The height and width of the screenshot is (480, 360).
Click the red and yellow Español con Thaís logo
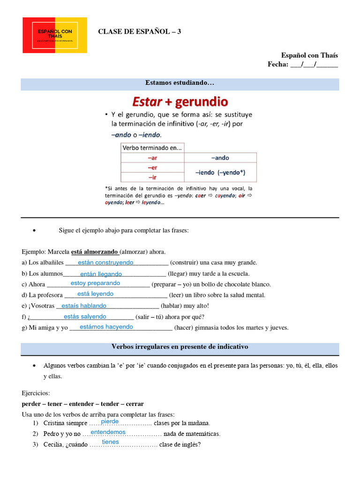point(55,35)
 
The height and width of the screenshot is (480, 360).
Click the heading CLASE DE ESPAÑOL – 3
point(139,31)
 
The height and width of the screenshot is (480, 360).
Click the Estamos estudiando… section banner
point(180,83)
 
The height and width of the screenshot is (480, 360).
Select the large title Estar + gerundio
point(180,102)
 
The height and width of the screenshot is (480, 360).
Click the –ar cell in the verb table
point(152,158)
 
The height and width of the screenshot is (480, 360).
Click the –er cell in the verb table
point(152,167)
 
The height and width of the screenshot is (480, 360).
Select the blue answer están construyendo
point(105,262)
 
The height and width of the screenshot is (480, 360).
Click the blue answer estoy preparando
point(95,283)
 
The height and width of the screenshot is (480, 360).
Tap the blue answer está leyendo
point(95,294)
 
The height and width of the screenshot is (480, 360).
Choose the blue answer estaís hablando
point(84,306)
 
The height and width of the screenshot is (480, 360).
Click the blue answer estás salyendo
point(85,316)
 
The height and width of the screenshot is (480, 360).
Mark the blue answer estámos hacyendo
point(106,327)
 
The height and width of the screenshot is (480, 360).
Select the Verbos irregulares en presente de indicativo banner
point(180,347)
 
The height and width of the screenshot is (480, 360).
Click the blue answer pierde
point(110,421)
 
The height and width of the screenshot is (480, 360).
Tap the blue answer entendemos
point(108,432)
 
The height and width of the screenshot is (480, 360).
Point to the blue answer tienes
point(111,442)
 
